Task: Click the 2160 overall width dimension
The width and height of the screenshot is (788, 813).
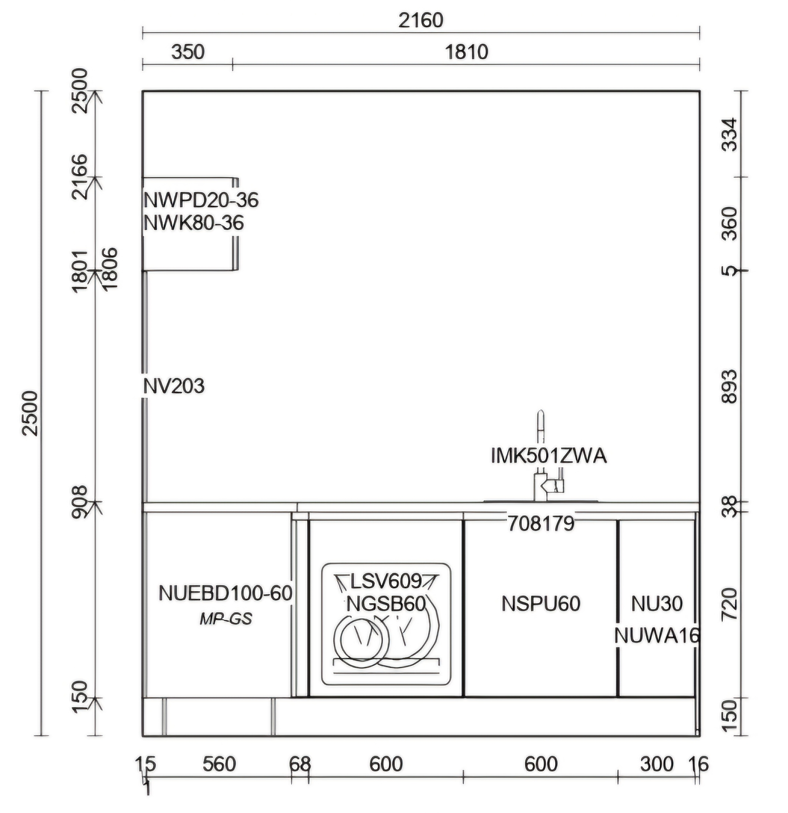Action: coord(420,20)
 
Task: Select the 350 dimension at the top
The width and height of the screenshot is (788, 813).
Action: coord(188,52)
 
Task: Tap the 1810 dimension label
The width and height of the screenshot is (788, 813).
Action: coord(466,52)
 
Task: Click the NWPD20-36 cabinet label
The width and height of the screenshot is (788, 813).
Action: coord(201,200)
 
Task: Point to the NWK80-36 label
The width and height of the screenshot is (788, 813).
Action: coord(194,223)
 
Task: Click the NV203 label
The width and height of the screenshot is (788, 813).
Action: coord(174,386)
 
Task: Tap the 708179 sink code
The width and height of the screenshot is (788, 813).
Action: coord(541,524)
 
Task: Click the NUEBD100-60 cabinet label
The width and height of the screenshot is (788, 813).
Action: coord(225,594)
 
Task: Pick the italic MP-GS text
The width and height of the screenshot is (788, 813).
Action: coord(226,619)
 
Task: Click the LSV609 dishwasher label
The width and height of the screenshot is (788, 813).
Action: coord(386,581)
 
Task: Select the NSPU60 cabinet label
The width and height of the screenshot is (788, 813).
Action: coord(541,604)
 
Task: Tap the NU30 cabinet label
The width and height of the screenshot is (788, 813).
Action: coord(657,604)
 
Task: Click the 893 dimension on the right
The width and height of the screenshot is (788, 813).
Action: coord(729,386)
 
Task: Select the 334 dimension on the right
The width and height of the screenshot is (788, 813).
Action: coord(729,135)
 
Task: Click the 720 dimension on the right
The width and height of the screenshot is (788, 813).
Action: coord(729,604)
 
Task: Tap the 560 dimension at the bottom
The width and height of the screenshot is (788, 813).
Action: coord(219,764)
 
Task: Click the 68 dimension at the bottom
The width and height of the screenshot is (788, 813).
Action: coord(300,764)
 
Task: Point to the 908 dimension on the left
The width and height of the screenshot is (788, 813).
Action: coord(80,502)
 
